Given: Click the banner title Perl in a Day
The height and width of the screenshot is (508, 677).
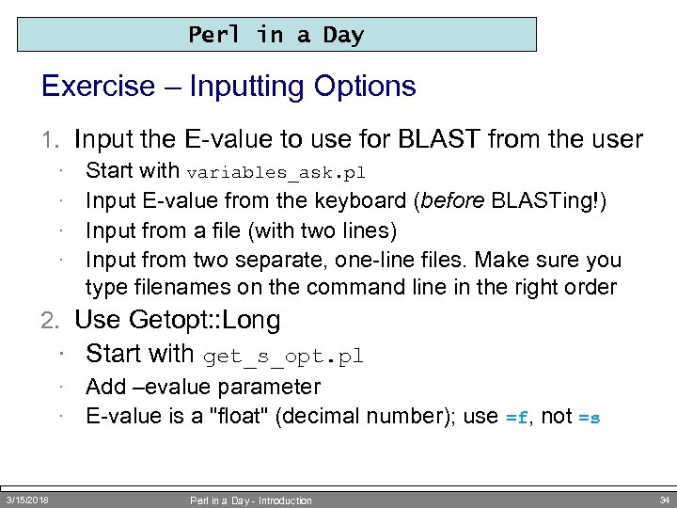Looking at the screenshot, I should [276, 36].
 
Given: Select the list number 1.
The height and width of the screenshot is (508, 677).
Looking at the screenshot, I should [51, 141].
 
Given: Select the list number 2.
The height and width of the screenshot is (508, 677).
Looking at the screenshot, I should [51, 321].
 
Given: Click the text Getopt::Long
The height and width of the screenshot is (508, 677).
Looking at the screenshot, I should [178, 321].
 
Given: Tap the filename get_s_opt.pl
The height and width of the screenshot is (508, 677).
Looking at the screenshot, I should [283, 357].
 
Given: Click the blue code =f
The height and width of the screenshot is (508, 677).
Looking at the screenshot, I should [518, 417].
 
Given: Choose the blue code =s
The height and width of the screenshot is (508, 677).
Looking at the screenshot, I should [589, 417].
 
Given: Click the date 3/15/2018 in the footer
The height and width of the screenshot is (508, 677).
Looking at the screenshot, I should [27, 499].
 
